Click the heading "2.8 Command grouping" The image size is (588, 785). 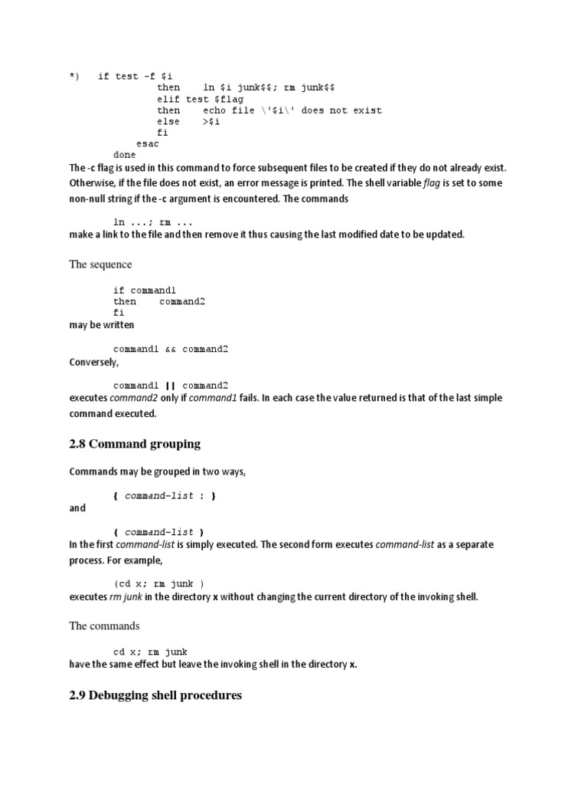pos(135,443)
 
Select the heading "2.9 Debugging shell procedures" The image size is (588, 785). pos(155,695)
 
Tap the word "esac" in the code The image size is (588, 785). pos(148,143)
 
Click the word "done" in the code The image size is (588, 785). pos(125,154)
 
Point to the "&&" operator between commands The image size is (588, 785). pos(170,349)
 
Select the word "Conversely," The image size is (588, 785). pos(94,363)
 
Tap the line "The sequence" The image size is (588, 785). pos(100,264)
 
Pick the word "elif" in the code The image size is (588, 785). pos(168,99)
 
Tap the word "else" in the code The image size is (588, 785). pos(168,121)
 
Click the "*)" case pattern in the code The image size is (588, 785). pos(74,76)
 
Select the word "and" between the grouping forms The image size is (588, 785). pos(77,508)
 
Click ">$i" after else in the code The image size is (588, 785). pos(211,121)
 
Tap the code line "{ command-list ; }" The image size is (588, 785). pos(165,496)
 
